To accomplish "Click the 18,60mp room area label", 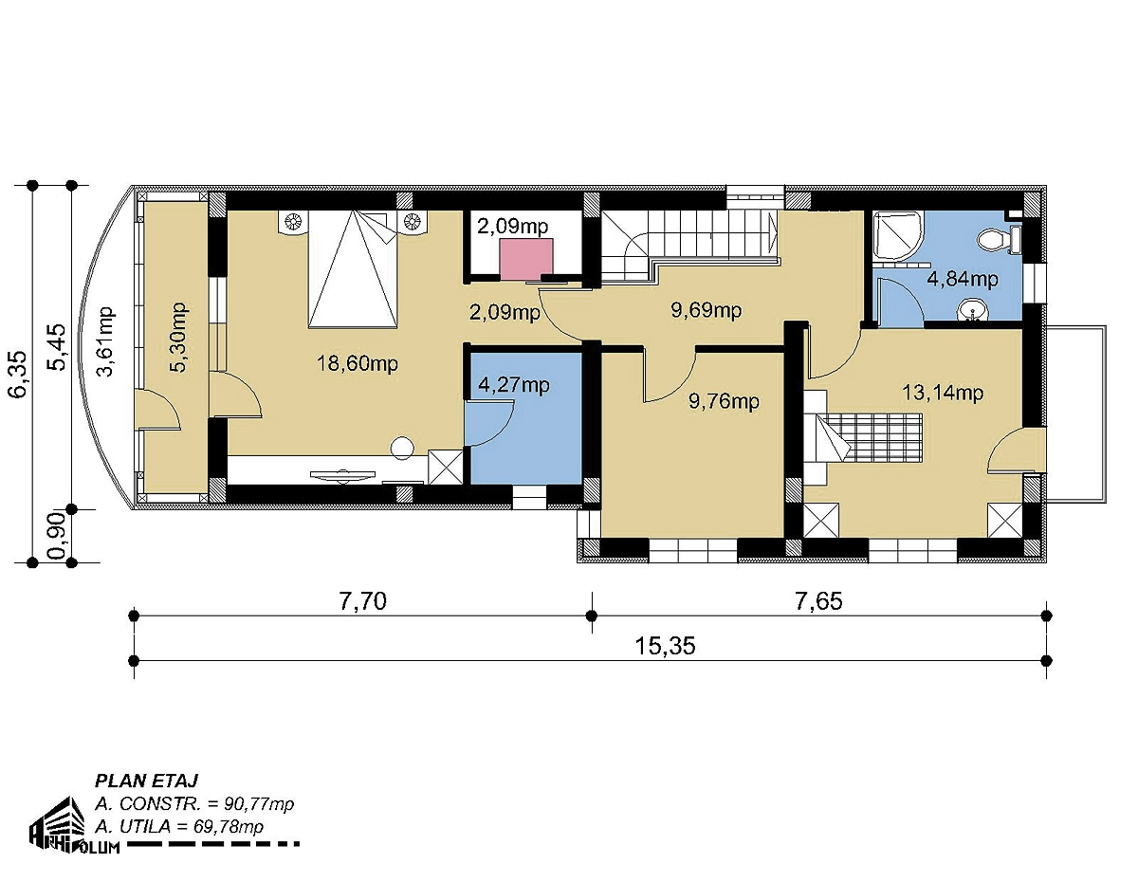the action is (358, 362).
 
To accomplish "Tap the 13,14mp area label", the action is (942, 393).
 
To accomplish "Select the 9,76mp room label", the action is (724, 401).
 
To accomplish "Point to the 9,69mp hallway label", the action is (706, 310).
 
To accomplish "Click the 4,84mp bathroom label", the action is (963, 279).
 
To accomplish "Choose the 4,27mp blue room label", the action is (514, 385).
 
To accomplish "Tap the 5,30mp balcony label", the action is (178, 337).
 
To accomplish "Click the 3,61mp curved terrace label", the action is (106, 341).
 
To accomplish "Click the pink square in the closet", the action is (525, 259).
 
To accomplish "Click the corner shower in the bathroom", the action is (898, 234).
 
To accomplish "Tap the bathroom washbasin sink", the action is (973, 310).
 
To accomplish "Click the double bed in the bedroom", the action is (353, 269).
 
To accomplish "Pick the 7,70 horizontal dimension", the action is (362, 600).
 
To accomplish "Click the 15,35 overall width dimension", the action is (665, 646).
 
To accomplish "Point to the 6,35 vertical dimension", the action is (18, 374).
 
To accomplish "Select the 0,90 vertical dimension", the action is (57, 535).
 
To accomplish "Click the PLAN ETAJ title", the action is (146, 781).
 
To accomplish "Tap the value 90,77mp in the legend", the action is (259, 804).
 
